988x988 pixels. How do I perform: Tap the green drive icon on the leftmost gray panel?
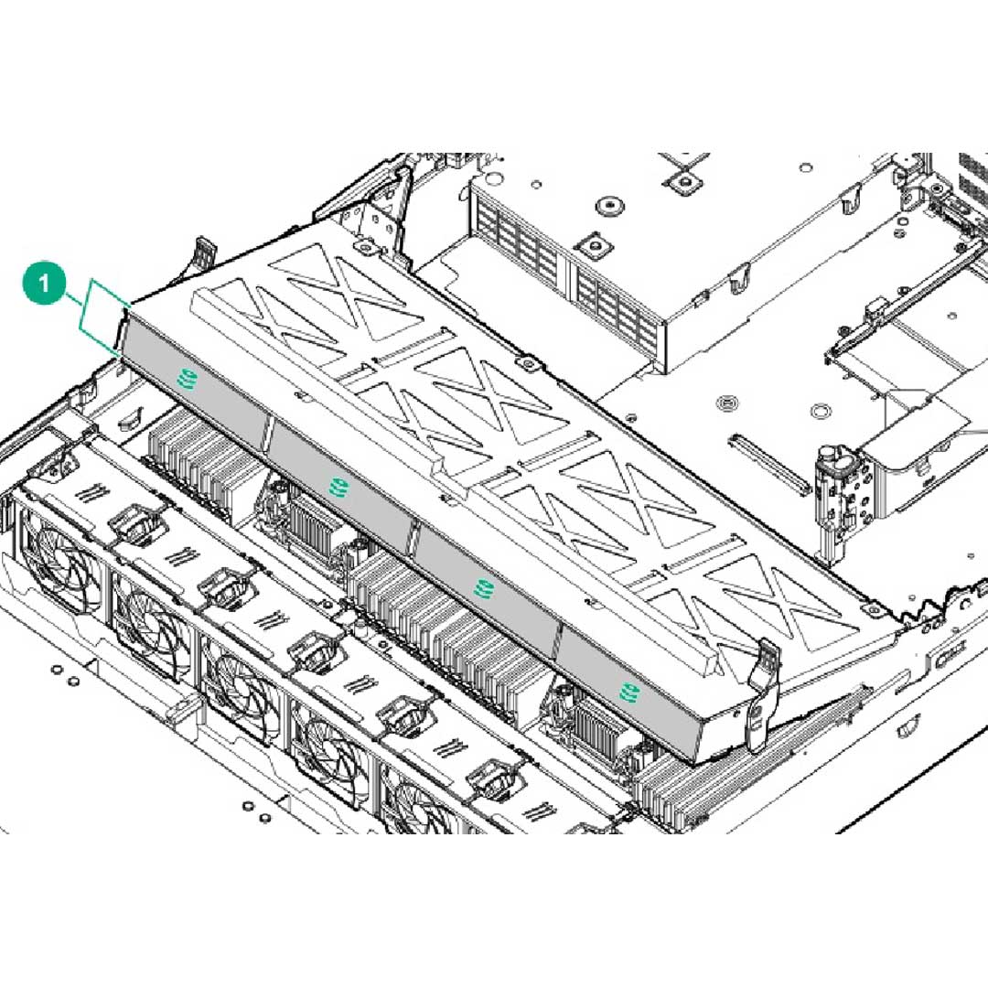click(x=188, y=378)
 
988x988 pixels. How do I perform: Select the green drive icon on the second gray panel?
click(x=338, y=486)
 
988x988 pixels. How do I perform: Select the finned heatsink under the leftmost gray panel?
click(x=197, y=457)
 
